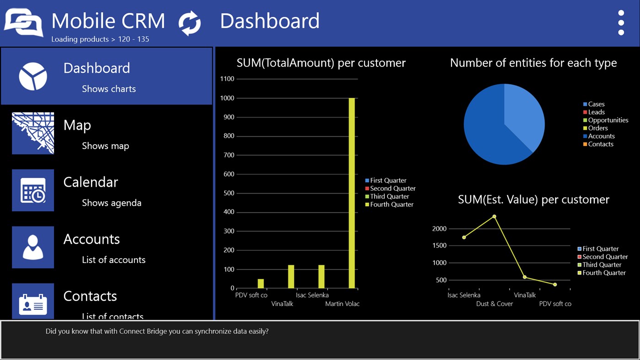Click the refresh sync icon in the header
[x=189, y=23]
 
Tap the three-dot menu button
[x=621, y=22]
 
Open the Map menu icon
[x=33, y=133]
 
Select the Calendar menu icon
[x=33, y=190]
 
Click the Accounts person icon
[x=33, y=247]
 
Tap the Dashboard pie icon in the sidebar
[x=33, y=76]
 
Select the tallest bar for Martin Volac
[x=351, y=192]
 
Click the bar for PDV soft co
[x=261, y=284]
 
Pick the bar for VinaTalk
[x=291, y=277]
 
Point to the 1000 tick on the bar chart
[x=227, y=98]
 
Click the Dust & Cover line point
[x=494, y=216]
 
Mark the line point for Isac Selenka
[x=464, y=237]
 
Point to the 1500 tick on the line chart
[x=440, y=246]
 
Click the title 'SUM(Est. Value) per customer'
[x=533, y=199]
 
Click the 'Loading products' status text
[x=100, y=39]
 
